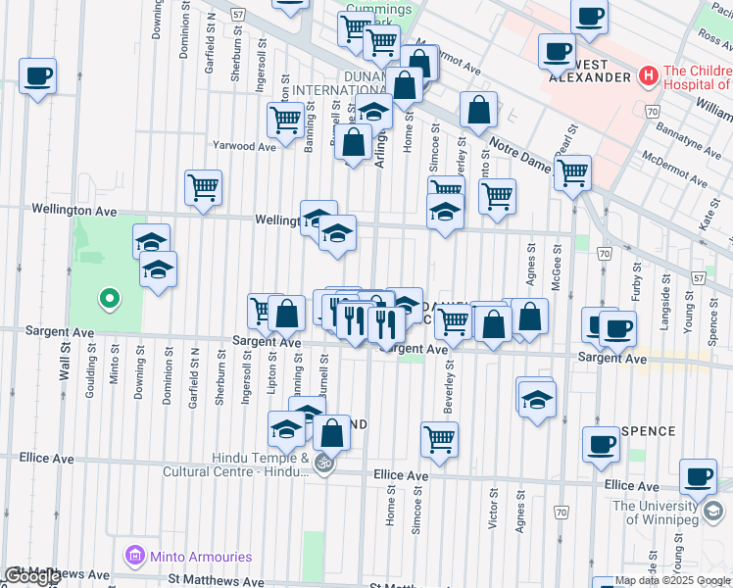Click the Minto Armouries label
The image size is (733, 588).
click(200, 557)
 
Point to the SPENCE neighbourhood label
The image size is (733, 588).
click(647, 431)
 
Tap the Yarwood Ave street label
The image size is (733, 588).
click(246, 146)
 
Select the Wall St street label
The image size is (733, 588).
click(65, 361)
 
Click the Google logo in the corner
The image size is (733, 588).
click(31, 576)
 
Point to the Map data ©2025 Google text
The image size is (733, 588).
click(672, 580)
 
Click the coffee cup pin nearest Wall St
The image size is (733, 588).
click(37, 75)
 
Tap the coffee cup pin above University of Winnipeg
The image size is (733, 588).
click(698, 477)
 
